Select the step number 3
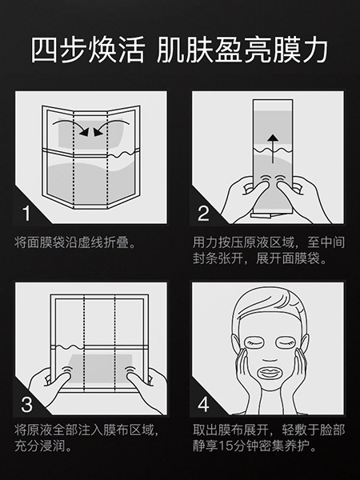click(27, 403)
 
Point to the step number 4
click(203, 403)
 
